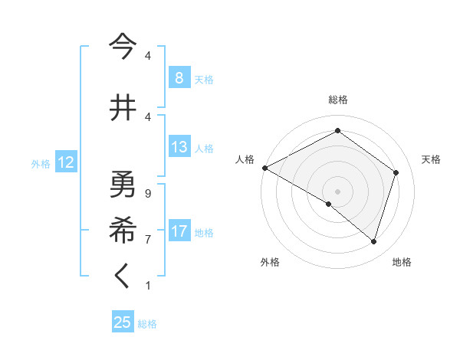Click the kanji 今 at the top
tap(123, 47)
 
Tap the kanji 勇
tap(123, 184)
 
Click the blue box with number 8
tap(179, 78)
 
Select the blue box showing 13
tap(179, 147)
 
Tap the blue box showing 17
tap(179, 232)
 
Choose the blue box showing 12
tap(65, 162)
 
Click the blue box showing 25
tap(123, 322)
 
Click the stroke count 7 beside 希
tap(147, 239)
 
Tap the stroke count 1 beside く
tap(147, 286)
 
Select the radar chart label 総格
tap(337, 100)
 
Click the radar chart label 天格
tap(432, 159)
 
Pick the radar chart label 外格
tap(270, 262)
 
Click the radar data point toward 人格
tap(264, 168)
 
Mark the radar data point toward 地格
tap(373, 241)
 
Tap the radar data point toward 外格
tap(328, 204)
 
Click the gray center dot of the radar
tap(337, 191)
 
